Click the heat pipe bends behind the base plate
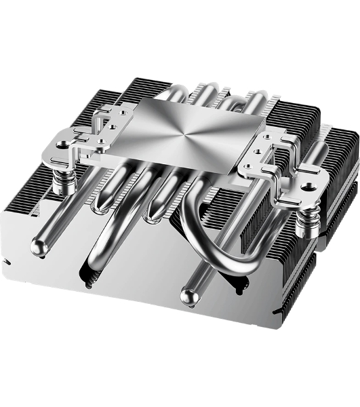[203, 95]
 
